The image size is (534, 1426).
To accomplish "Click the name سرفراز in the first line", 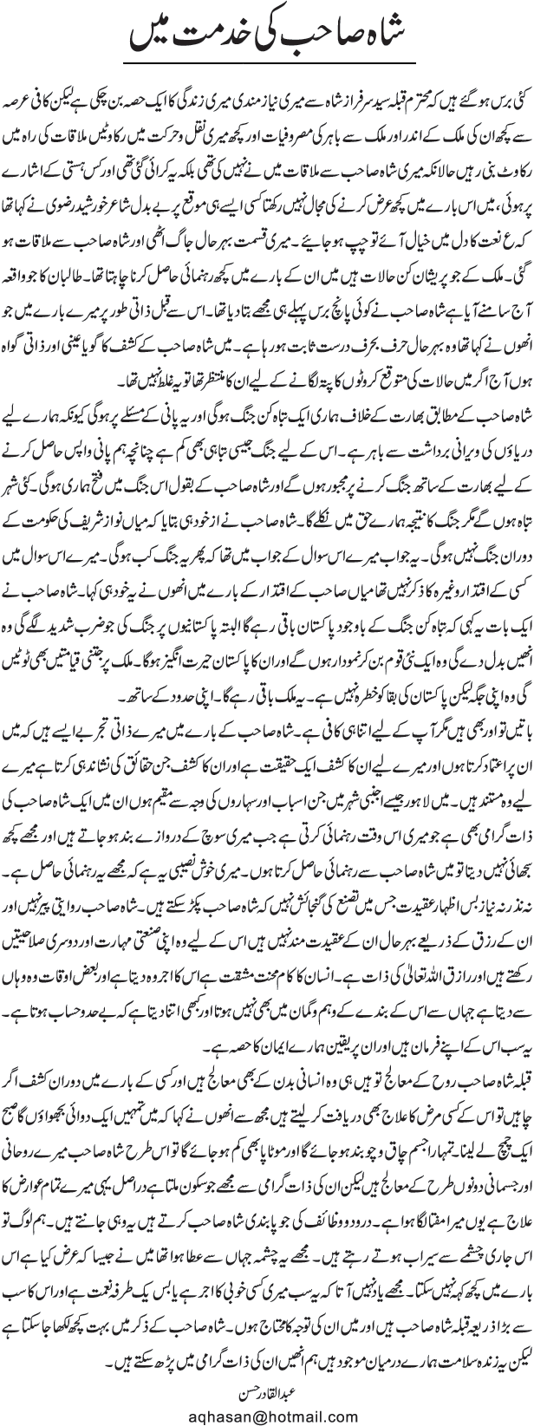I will (x=349, y=91).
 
